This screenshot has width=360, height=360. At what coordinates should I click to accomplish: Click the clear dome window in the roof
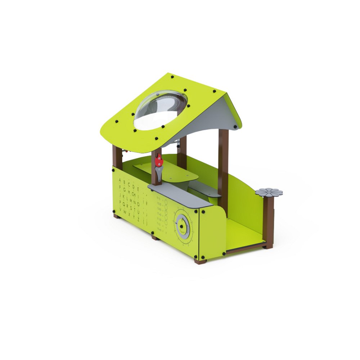161,110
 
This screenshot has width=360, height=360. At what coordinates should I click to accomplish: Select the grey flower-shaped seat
269,192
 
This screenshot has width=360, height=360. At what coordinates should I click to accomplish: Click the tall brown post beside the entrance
223,166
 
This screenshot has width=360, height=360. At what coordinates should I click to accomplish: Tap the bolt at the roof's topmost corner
172,77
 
